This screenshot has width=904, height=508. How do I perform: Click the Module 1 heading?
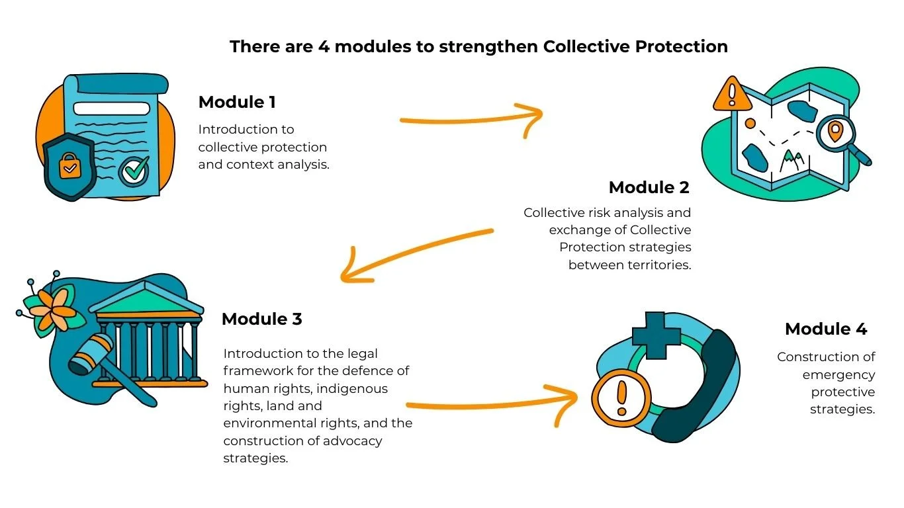click(237, 103)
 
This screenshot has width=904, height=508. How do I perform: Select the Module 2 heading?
click(649, 187)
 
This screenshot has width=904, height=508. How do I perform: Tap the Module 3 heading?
click(261, 319)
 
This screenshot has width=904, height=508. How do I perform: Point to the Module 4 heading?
click(825, 329)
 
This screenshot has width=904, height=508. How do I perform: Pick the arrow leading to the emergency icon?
click(490, 403)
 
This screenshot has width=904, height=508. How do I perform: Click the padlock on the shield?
click(68, 169)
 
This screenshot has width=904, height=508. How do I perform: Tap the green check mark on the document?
click(134, 172)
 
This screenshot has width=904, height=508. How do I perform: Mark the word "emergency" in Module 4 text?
click(838, 374)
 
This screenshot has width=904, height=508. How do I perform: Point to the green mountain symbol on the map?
click(791, 159)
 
